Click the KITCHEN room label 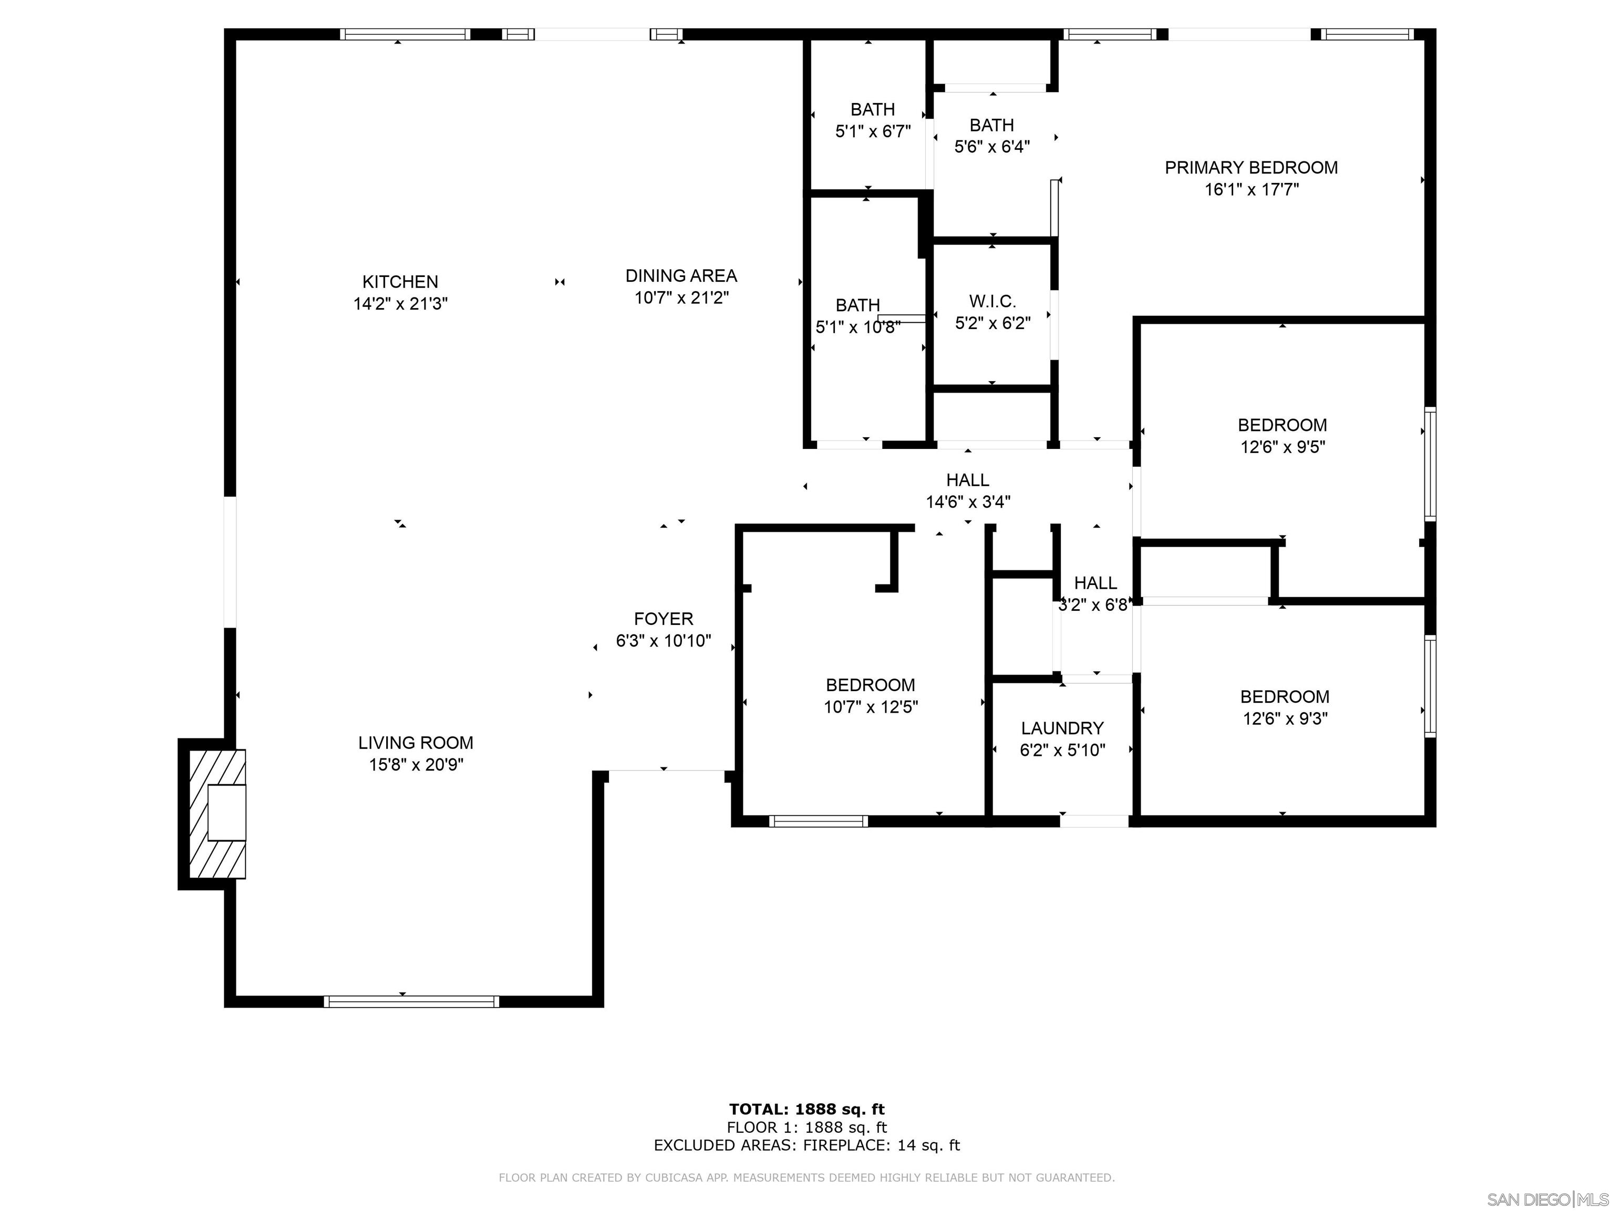click(400, 282)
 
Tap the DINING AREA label click(681, 276)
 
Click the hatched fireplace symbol click(216, 814)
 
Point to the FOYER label click(663, 619)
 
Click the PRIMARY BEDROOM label click(1250, 168)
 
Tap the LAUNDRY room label click(1062, 728)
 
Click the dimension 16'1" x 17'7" click(1250, 190)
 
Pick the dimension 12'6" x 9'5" click(1282, 447)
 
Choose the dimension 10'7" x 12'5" click(871, 706)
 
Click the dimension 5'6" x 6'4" click(991, 147)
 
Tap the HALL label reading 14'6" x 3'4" click(968, 480)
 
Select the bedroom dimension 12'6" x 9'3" click(1284, 719)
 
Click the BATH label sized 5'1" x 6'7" click(873, 109)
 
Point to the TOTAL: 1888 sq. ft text click(806, 1110)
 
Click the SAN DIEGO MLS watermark click(1547, 1199)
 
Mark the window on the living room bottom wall click(411, 1001)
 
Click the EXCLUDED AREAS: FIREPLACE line click(806, 1145)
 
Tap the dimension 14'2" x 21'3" click(400, 304)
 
